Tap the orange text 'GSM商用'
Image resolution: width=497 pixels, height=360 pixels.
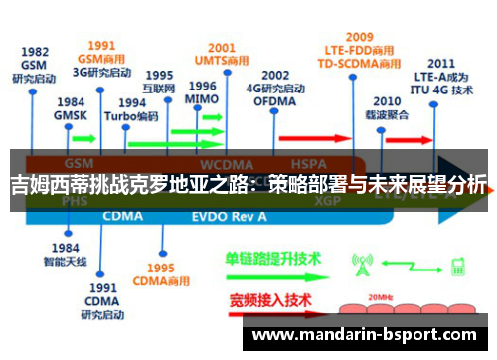coord(101,58)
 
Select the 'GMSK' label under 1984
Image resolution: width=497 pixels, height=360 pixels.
coord(70,114)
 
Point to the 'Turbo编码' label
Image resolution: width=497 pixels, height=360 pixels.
coord(137,115)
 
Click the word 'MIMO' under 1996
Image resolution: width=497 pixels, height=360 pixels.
coord(202,100)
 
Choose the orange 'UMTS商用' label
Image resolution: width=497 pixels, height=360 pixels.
coord(222,59)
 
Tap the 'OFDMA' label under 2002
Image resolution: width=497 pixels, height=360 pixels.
coord(275,101)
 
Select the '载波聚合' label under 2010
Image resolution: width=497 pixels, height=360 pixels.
coord(387,115)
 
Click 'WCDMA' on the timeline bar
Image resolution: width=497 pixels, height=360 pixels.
coord(227,163)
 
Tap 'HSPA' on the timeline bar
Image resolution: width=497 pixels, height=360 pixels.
coord(309,163)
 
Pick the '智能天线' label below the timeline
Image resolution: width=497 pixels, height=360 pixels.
coord(67,261)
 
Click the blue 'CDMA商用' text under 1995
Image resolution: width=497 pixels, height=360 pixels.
coord(161,281)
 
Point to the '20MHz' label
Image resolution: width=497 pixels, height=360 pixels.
coord(379,297)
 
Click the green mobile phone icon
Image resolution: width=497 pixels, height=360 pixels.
coord(459,266)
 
